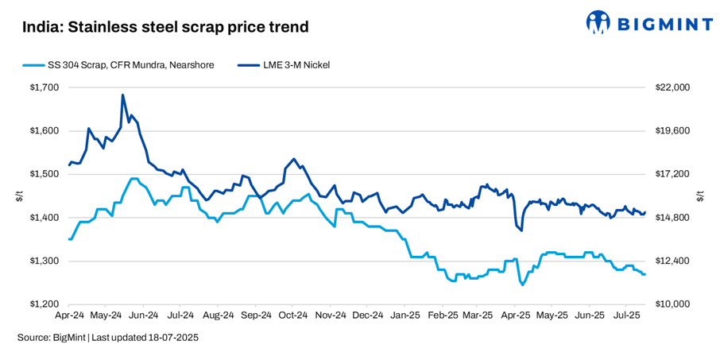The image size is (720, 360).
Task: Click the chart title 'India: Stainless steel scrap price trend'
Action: [x=165, y=27]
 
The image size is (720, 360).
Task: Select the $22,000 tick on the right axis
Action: [x=672, y=87]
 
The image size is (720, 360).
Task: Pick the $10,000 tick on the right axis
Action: [x=672, y=304]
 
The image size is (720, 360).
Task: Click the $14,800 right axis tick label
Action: [x=672, y=218]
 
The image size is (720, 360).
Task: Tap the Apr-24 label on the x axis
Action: [x=70, y=315]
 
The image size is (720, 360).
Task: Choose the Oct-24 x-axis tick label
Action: [x=293, y=315]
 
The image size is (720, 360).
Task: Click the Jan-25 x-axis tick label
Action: [x=405, y=315]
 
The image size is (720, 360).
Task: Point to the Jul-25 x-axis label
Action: [x=625, y=315]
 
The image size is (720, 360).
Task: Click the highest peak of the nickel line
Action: [x=122, y=95]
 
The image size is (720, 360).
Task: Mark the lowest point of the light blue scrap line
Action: [x=522, y=285]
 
